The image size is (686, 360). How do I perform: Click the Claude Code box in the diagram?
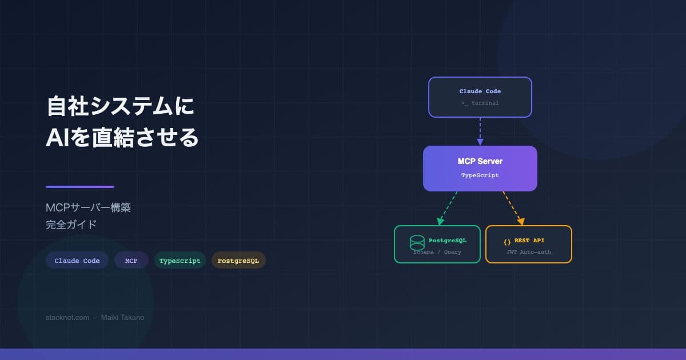coord(480,97)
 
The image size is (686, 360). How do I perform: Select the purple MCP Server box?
coord(480,168)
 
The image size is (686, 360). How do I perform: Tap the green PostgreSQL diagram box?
coord(437,245)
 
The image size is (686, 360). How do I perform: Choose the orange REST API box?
coord(529,245)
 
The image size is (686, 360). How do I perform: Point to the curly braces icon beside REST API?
coord(507,241)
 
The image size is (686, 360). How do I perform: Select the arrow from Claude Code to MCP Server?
coord(480,131)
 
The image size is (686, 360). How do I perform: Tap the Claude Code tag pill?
coord(77,261)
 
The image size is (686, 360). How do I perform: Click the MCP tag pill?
coord(131,261)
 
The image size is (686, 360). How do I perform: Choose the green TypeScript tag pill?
coord(180,261)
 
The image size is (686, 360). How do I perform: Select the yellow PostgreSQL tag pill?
coord(238,261)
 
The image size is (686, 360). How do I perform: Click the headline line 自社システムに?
coord(120,107)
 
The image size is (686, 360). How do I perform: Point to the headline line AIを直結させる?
coord(122,138)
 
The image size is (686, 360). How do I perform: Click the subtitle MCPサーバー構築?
coord(88,207)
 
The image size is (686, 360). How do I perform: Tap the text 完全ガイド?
coord(71,225)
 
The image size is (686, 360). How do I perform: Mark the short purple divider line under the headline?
coord(80,187)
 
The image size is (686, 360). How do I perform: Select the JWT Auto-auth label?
coord(529,252)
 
